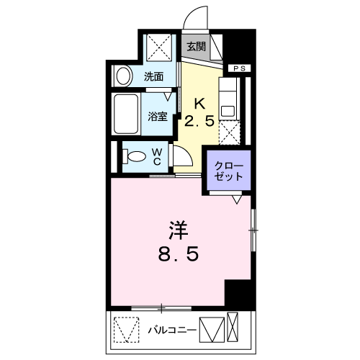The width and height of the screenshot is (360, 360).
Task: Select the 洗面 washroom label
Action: (x=153, y=76)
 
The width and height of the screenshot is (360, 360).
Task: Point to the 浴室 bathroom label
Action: (x=158, y=115)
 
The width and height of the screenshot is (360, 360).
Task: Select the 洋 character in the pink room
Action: (x=178, y=230)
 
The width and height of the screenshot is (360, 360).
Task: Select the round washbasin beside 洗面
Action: (x=123, y=76)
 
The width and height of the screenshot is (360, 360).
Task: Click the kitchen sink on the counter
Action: (x=230, y=110)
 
